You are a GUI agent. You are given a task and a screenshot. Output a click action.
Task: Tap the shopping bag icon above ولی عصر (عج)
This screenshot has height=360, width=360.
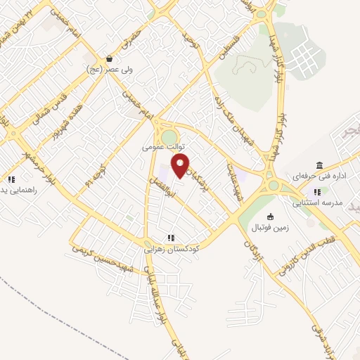click(x=110, y=59)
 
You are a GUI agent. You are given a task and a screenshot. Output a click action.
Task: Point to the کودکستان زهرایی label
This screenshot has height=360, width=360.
click(x=172, y=249)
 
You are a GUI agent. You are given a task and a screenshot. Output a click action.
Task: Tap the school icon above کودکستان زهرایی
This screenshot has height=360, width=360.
click(x=169, y=237)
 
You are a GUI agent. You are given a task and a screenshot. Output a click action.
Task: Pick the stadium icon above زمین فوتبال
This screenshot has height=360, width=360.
click(x=271, y=216)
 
